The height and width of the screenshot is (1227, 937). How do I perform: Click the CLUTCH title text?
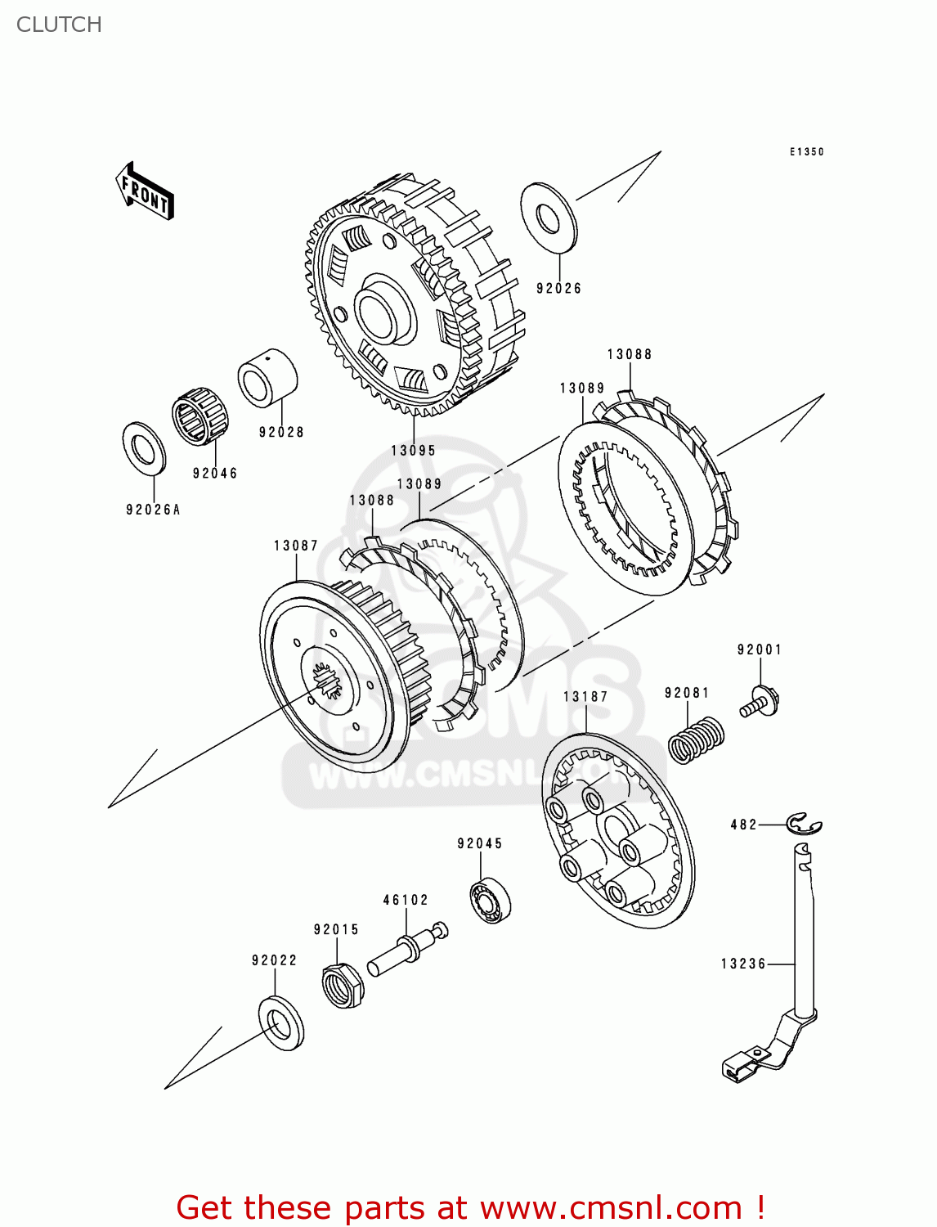pyautogui.click(x=59, y=25)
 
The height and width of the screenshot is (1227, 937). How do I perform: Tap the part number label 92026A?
pyautogui.click(x=153, y=510)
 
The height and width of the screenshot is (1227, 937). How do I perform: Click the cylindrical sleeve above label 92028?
pyautogui.click(x=267, y=377)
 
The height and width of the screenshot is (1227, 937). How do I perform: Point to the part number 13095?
pyautogui.click(x=413, y=451)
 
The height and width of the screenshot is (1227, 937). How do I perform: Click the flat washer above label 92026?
pyautogui.click(x=548, y=218)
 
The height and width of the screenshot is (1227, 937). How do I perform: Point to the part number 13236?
pyautogui.click(x=743, y=964)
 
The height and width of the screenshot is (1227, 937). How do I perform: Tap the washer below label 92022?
pyautogui.click(x=280, y=1022)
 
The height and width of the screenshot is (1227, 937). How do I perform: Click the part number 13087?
pyautogui.click(x=296, y=546)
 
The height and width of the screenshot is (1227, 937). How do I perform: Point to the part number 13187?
pyautogui.click(x=585, y=697)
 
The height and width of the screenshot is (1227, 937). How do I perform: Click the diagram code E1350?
pyautogui.click(x=806, y=152)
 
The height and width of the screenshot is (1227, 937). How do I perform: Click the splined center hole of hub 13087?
pyautogui.click(x=328, y=679)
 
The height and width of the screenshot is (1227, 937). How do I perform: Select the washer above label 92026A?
pyautogui.click(x=144, y=448)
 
